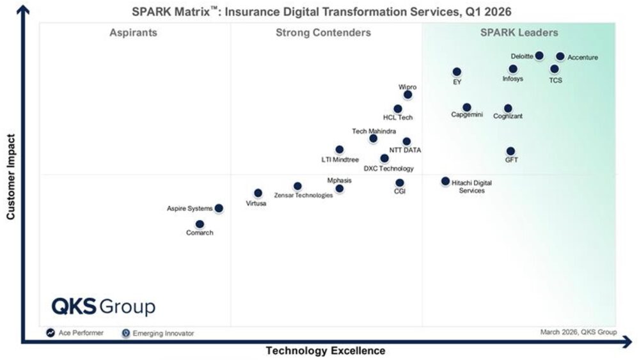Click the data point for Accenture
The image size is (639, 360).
click(x=560, y=56)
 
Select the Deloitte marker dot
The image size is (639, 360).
click(x=539, y=56)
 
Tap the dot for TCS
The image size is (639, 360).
click(x=554, y=69)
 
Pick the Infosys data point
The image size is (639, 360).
click(x=513, y=69)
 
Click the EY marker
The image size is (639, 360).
click(x=457, y=72)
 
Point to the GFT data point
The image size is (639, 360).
click(x=510, y=151)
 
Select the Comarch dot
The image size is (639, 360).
click(x=200, y=224)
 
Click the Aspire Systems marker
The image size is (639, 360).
click(x=219, y=208)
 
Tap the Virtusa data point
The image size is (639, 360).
click(x=258, y=193)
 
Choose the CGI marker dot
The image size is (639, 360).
click(x=400, y=183)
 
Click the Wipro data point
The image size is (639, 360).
click(x=407, y=95)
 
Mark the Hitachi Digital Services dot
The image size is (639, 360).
click(x=445, y=181)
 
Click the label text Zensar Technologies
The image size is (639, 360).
click(x=303, y=195)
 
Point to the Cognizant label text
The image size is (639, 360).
click(x=508, y=116)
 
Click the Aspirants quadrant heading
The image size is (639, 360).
click(x=133, y=33)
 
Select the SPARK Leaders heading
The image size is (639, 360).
click(x=519, y=33)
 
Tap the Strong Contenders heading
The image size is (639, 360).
click(x=323, y=33)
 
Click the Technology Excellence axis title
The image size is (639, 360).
click(x=326, y=350)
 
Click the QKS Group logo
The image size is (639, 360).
click(x=104, y=306)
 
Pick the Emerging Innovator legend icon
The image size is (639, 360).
click(x=125, y=333)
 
